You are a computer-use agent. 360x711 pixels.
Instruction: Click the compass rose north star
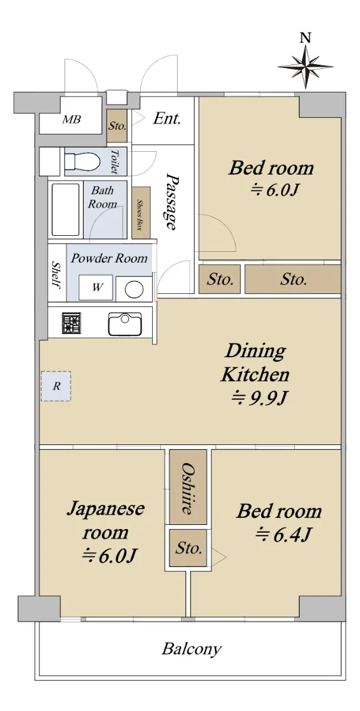pos(305,66)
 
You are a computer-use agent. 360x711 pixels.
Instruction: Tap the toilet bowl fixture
pos(82,161)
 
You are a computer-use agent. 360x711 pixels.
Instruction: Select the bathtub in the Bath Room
pos(65,210)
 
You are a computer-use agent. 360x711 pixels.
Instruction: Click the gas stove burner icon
pos(72,323)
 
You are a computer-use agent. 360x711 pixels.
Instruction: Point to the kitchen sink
pos(125,324)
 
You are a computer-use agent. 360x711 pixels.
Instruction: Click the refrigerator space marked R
pos(56,386)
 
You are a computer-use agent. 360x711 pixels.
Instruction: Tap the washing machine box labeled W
pos(95,287)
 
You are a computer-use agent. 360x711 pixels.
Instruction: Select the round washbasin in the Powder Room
pos(134,289)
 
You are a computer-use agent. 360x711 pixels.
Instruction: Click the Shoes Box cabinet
pos(141,213)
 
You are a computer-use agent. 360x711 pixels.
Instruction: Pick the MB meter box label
pos(72,120)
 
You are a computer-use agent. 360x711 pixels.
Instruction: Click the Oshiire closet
pos(188,486)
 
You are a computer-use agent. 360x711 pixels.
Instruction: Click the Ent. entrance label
pos(167,118)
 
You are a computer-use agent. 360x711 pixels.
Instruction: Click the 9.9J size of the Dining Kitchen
pos(259,398)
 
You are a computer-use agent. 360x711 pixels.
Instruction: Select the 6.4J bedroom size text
pos(283,534)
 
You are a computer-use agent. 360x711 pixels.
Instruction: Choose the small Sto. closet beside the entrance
pos(117,126)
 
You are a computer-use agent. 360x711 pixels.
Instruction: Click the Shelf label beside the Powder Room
pos(56,275)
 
